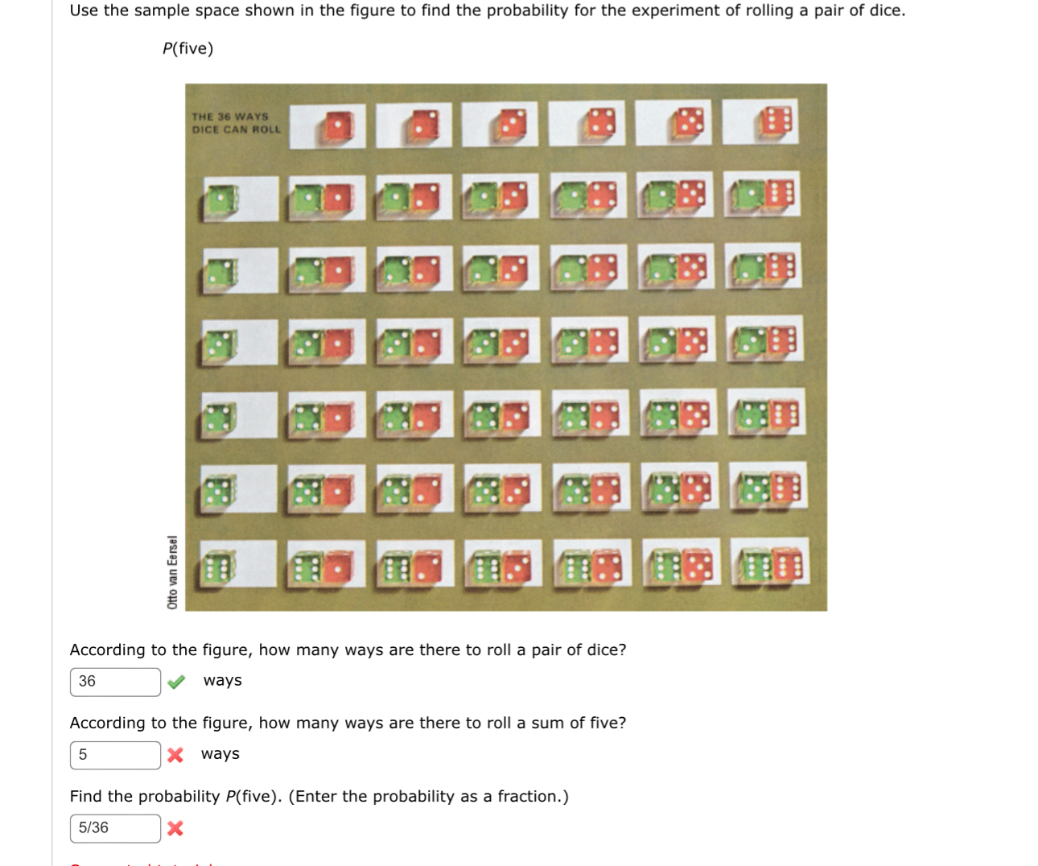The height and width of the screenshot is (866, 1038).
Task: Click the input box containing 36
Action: (x=115, y=682)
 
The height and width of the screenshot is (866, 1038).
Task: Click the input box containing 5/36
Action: (x=115, y=828)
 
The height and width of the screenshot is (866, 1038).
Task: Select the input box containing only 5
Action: (x=115, y=755)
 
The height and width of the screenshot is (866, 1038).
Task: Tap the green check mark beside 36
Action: (x=176, y=682)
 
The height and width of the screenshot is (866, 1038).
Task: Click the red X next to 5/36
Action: (x=175, y=828)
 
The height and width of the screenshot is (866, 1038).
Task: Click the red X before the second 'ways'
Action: (x=175, y=755)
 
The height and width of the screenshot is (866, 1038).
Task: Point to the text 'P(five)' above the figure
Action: (x=188, y=49)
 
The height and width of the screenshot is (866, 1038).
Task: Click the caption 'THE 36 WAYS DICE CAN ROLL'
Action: (x=236, y=123)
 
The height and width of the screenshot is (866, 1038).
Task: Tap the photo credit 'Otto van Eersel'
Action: (x=172, y=571)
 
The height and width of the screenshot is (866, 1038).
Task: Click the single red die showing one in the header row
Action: (x=338, y=126)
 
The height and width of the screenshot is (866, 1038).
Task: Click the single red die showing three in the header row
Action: (x=512, y=125)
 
